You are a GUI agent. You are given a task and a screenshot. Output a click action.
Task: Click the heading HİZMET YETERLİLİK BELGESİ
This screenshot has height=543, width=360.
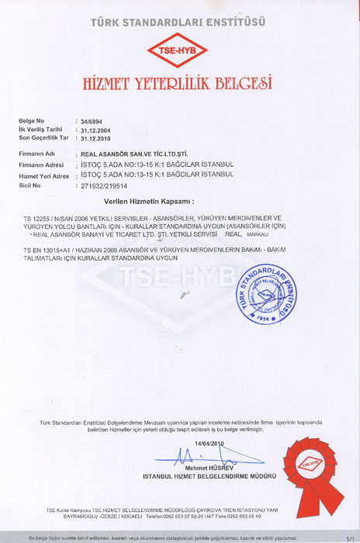click(179, 81)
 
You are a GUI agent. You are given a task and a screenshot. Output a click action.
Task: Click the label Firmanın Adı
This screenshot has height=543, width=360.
click(39, 154)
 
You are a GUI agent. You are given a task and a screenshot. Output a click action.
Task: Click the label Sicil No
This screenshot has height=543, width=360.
click(32, 186)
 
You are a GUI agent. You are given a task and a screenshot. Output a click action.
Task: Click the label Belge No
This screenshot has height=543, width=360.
click(32, 123)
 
